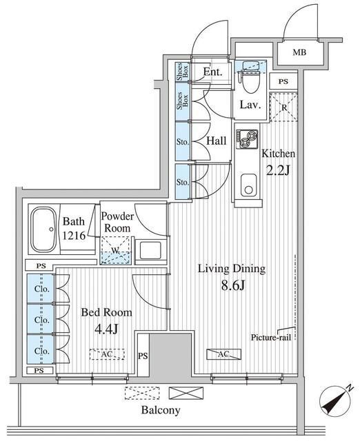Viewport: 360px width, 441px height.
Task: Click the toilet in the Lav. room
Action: [250, 82]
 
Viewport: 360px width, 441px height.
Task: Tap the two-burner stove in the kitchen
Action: [247, 139]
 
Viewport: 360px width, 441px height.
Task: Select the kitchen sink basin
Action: [248, 186]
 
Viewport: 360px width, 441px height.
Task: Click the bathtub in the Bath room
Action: [43, 229]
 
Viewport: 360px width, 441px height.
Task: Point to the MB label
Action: [299, 52]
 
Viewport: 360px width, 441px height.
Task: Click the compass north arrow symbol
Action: [336, 400]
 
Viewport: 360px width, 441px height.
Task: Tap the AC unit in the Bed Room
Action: [107, 354]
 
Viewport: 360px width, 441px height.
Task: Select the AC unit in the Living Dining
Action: [223, 354]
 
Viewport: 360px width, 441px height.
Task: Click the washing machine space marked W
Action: [116, 250]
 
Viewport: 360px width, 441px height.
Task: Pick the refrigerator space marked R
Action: [283, 107]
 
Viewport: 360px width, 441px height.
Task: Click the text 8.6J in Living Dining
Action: [233, 286]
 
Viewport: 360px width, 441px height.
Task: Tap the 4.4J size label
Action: [106, 329]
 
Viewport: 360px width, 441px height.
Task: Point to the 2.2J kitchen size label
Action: [278, 170]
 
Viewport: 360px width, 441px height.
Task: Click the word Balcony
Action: [161, 410]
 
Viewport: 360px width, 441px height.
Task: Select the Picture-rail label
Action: [271, 337]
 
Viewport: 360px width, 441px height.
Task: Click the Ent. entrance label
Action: [213, 72]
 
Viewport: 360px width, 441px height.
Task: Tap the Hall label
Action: [216, 141]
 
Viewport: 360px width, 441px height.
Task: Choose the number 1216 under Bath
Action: [74, 236]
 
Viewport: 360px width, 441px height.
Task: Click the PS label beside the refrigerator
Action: [283, 81]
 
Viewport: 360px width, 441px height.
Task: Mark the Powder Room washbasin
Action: [150, 251]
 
